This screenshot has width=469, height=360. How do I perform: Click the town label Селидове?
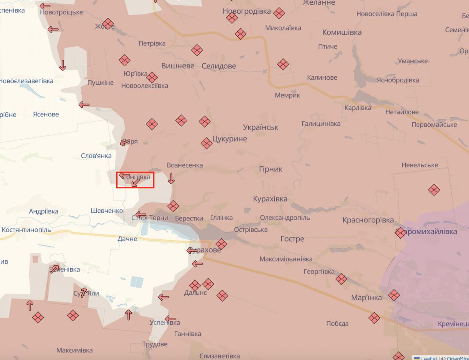(x=218, y=66)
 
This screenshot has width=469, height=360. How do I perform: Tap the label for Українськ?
(x=260, y=127)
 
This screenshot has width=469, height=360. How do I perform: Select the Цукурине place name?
(x=229, y=139)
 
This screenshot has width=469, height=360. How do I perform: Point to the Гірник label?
(x=270, y=169)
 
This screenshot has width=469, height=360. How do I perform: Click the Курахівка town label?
(x=270, y=199)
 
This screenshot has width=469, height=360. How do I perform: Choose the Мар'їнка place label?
(x=366, y=298)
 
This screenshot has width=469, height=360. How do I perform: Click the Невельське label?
(x=420, y=165)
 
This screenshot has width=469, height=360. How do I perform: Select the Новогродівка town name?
(x=247, y=11)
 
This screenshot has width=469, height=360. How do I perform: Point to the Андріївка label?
(x=43, y=211)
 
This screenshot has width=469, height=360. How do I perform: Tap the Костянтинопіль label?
(x=26, y=230)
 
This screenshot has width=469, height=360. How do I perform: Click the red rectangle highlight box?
(x=135, y=180)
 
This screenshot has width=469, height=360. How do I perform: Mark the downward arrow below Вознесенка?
(x=171, y=179)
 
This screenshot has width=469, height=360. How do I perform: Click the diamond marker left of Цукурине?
(x=206, y=143)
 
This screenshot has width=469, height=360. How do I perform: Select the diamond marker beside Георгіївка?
(x=341, y=279)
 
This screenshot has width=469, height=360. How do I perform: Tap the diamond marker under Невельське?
(x=434, y=190)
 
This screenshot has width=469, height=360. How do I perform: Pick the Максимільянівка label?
(x=286, y=259)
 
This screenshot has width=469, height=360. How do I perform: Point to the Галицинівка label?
(x=321, y=124)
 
